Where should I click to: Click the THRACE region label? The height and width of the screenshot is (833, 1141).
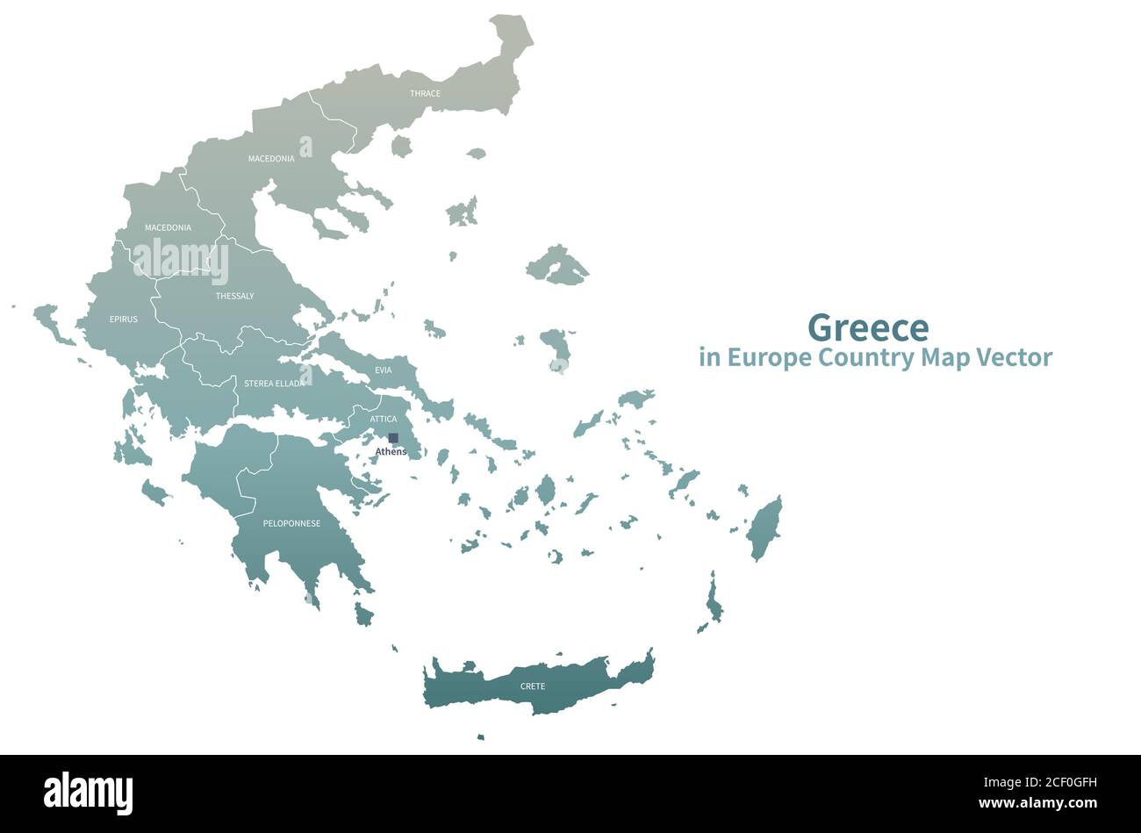pyautogui.click(x=425, y=93)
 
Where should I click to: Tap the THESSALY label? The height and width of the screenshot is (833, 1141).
pyautogui.click(x=234, y=296)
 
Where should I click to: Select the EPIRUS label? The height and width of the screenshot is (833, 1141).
pyautogui.click(x=124, y=320)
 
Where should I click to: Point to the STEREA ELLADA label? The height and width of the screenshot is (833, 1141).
pyautogui.click(x=275, y=384)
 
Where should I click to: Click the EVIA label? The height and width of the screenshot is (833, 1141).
pyautogui.click(x=384, y=370)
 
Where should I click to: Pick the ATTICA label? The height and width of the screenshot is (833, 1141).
pyautogui.click(x=384, y=420)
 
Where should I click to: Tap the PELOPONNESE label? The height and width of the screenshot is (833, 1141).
pyautogui.click(x=291, y=524)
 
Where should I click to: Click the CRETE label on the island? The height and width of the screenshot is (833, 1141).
pyautogui.click(x=533, y=686)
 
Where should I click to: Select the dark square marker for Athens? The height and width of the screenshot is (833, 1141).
pyautogui.click(x=393, y=438)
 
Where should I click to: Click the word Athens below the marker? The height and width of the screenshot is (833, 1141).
pyautogui.click(x=391, y=452)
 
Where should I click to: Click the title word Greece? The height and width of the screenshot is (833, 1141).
pyautogui.click(x=867, y=327)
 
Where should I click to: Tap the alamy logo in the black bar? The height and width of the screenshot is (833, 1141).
pyautogui.click(x=88, y=792)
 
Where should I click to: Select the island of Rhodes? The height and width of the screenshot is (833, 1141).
pyautogui.click(x=764, y=527)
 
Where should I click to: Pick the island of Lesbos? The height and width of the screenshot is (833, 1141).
pyautogui.click(x=556, y=265)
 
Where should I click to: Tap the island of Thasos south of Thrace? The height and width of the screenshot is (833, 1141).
pyautogui.click(x=401, y=146)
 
